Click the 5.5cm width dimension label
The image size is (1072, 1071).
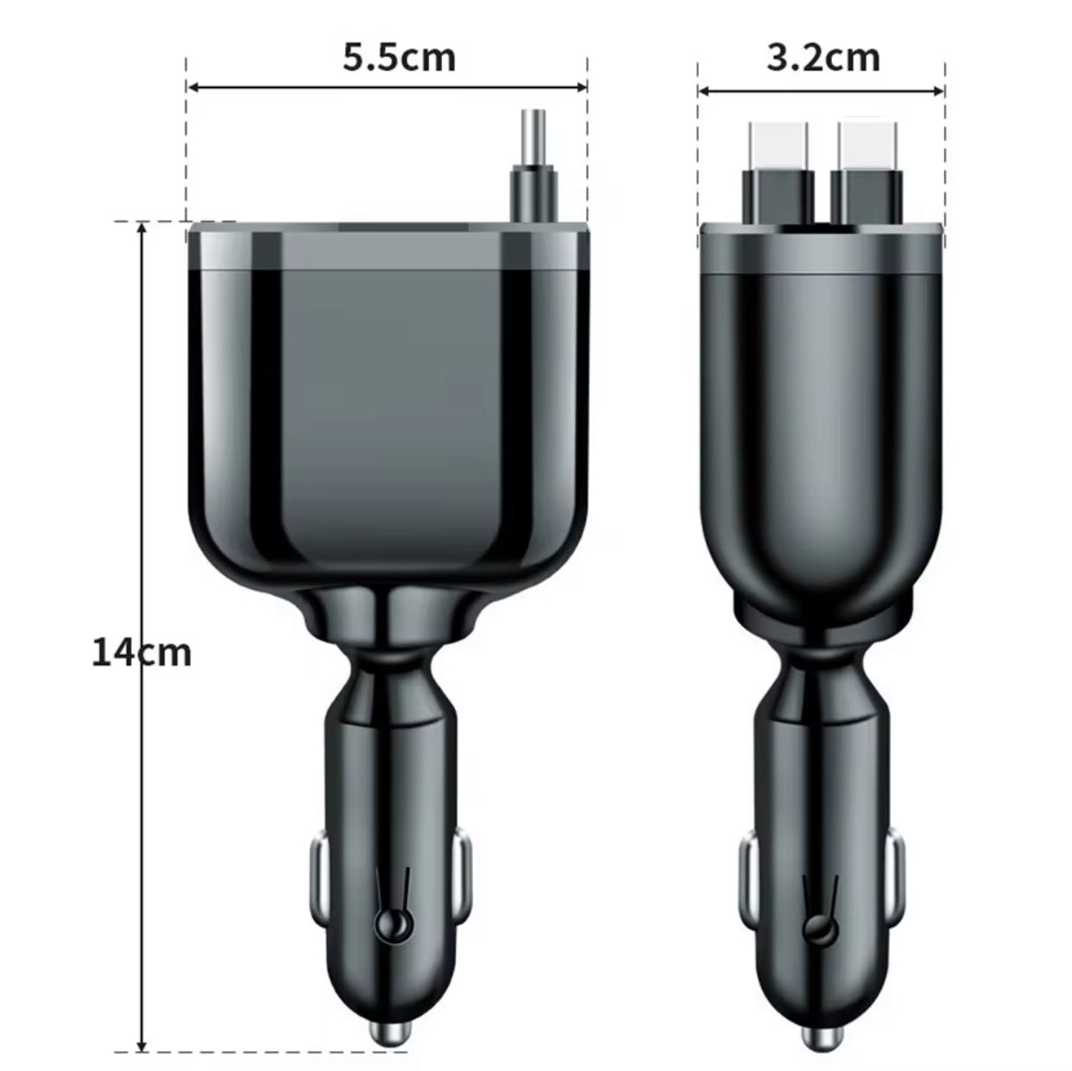click(x=399, y=58)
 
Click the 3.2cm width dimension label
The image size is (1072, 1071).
click(x=823, y=58)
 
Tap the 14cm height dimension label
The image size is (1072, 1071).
click(x=142, y=653)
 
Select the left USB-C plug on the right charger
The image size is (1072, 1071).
click(x=779, y=173)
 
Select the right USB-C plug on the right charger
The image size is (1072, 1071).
click(x=867, y=173)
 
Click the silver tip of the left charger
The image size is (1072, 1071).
click(x=390, y=1034)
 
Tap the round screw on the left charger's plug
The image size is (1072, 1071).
click(x=389, y=927)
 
